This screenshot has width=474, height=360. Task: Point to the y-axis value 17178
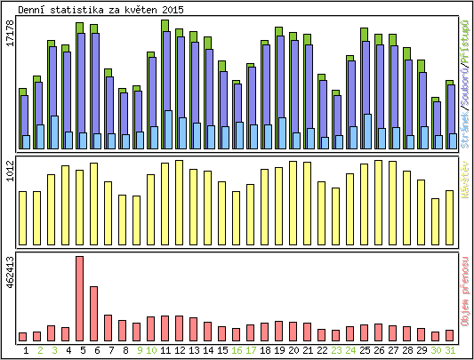[x=11, y=45]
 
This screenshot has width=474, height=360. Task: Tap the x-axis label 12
[x=180, y=350]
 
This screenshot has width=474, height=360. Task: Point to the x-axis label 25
[x=365, y=350]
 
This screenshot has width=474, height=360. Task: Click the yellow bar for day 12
[x=180, y=203]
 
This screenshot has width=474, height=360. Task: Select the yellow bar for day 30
[x=436, y=221]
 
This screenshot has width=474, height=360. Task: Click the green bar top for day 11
[x=165, y=24]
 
